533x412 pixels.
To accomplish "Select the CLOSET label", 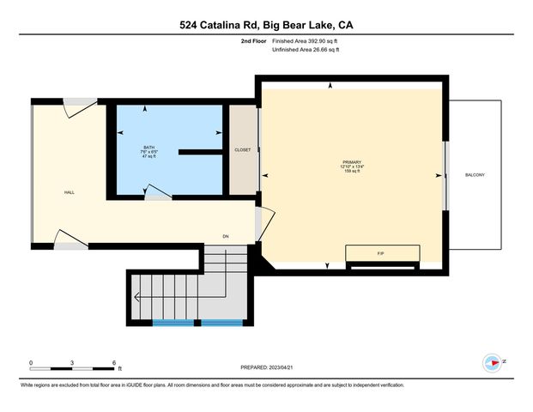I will click(243, 150).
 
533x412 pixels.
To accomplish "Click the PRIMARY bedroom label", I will click(352, 162).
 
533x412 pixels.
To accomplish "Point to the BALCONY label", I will click(475, 175).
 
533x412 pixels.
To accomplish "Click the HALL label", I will click(69, 192).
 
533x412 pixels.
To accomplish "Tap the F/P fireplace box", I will click(382, 254).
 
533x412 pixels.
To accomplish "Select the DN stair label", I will click(226, 236).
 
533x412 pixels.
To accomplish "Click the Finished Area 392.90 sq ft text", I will click(306, 41).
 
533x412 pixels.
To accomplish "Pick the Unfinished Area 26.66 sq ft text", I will click(306, 50).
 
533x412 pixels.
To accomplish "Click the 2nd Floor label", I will click(254, 41).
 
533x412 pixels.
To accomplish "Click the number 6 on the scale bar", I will click(115, 363).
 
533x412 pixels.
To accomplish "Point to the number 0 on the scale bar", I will click(32, 363).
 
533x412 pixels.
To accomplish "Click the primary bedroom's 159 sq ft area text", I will click(352, 171).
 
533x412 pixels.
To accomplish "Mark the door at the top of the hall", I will click(80, 108).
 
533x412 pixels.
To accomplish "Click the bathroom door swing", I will click(156, 192).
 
